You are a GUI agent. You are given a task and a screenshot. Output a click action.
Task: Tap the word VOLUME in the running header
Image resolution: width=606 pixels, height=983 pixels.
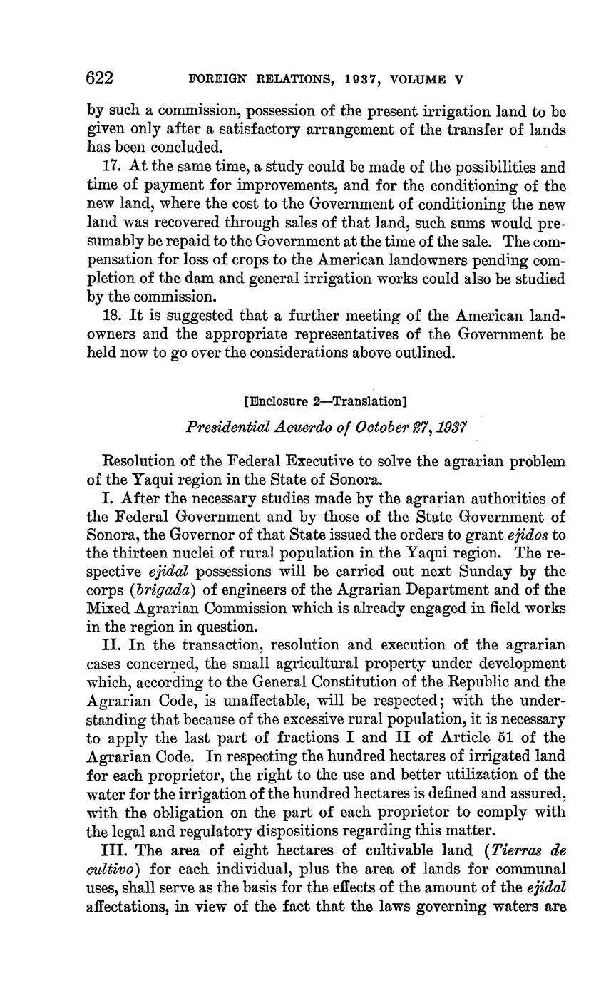point(418,80)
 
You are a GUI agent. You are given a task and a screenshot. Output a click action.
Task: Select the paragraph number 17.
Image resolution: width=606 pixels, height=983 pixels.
point(115,168)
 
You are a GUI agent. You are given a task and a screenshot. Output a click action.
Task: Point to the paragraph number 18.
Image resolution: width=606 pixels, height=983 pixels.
point(115,315)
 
